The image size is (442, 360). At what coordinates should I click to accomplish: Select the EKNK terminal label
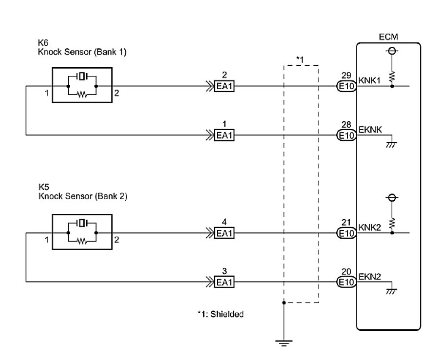click(370, 130)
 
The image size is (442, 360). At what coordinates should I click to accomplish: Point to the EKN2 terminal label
click(370, 276)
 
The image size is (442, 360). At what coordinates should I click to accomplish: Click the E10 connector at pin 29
click(346, 87)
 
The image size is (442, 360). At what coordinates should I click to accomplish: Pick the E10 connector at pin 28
click(346, 135)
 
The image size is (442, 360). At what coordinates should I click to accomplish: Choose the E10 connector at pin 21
click(346, 233)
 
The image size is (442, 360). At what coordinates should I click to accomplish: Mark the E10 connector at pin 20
click(346, 282)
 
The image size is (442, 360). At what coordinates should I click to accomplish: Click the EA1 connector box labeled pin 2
click(224, 87)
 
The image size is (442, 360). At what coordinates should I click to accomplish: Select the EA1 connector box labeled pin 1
click(224, 135)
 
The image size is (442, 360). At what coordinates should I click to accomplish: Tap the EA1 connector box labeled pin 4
click(224, 233)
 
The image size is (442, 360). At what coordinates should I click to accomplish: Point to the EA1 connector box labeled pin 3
click(224, 282)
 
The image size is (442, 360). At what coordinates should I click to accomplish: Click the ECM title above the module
click(388, 37)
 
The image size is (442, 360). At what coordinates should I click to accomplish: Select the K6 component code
click(43, 43)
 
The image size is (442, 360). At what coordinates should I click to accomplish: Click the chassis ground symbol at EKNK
click(391, 144)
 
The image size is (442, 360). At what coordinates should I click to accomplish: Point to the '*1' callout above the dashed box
click(301, 59)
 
